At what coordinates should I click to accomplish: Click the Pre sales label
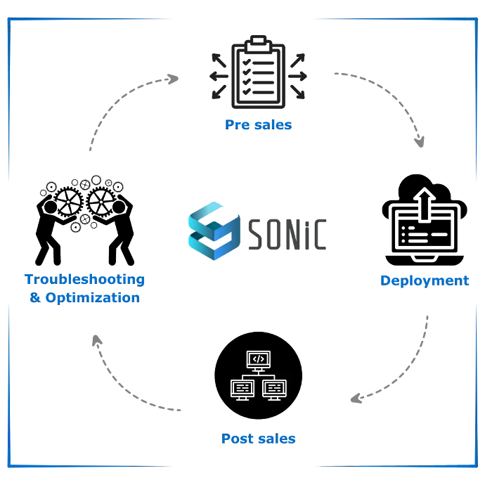point(258,125)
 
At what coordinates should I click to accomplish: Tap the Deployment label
point(425,281)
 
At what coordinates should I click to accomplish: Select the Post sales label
point(258,439)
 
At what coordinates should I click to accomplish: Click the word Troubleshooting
point(85,280)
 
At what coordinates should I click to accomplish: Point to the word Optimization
point(93,298)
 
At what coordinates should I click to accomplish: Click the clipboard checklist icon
point(258,72)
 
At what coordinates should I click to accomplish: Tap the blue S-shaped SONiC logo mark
point(214,231)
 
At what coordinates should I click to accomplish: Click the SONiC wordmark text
point(287,234)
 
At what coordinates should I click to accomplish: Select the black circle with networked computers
point(258,375)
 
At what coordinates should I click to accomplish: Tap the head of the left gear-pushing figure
point(51,207)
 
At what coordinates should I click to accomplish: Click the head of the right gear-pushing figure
point(119,207)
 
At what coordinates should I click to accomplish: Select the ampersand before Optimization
point(35,297)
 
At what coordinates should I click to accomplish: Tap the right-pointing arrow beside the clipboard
point(297,76)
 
